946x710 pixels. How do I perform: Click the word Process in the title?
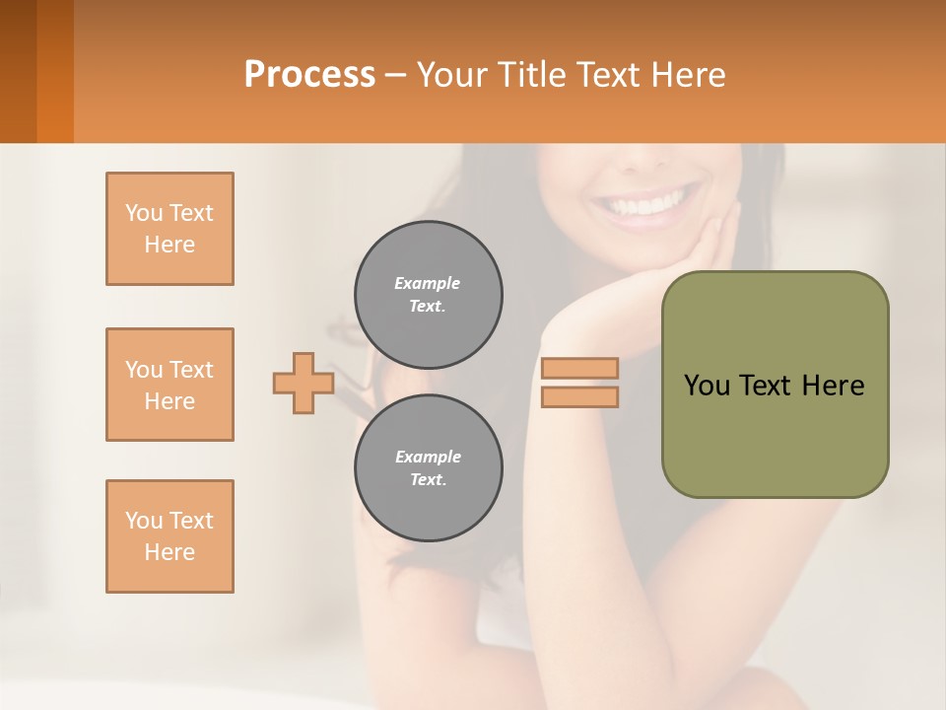tap(309, 75)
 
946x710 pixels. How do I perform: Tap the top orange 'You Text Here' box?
tap(169, 229)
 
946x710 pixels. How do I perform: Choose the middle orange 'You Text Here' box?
tap(169, 385)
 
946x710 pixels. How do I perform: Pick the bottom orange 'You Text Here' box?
tap(169, 536)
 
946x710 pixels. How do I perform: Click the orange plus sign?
tap(303, 383)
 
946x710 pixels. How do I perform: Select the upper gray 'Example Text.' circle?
tap(429, 294)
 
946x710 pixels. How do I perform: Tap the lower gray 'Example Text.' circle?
tap(429, 467)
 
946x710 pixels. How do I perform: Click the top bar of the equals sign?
tap(579, 369)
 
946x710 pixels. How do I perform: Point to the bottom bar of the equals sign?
tap(579, 397)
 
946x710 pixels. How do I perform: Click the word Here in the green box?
tap(833, 386)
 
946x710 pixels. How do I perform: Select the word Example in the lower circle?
tap(429, 457)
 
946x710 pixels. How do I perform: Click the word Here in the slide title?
tap(690, 75)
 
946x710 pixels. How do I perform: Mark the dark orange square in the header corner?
tap(36, 71)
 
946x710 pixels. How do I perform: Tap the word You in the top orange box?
tap(143, 213)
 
